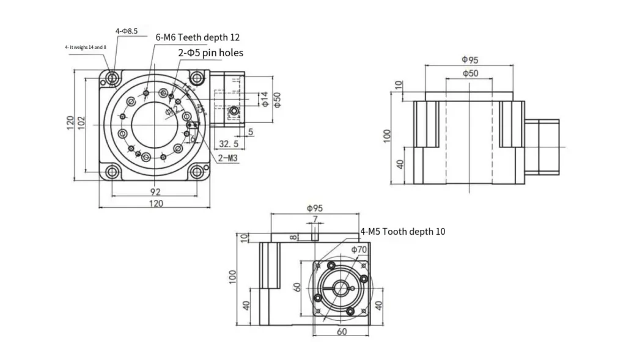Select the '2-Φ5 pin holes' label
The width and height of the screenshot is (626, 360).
[x=210, y=53]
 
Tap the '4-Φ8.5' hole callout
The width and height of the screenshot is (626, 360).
[x=126, y=30]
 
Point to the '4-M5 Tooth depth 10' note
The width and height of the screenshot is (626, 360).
[x=403, y=232]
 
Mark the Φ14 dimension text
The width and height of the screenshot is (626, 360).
[x=264, y=99]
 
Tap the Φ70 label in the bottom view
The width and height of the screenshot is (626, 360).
[x=359, y=249]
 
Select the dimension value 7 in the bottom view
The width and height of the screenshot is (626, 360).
[x=315, y=219]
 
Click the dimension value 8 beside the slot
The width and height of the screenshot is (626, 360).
[x=293, y=237]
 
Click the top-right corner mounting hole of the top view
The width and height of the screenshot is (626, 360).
[x=197, y=79]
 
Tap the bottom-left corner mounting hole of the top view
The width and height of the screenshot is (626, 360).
[x=112, y=172]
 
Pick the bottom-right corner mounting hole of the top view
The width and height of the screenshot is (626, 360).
[x=197, y=172]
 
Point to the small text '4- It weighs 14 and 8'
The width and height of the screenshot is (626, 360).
[x=85, y=47]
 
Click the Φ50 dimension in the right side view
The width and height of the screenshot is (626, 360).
[x=469, y=73]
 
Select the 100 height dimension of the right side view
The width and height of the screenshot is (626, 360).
[x=386, y=135]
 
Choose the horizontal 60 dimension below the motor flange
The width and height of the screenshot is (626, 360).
[x=341, y=331]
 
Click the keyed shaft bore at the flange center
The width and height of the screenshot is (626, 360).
[x=341, y=288]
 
